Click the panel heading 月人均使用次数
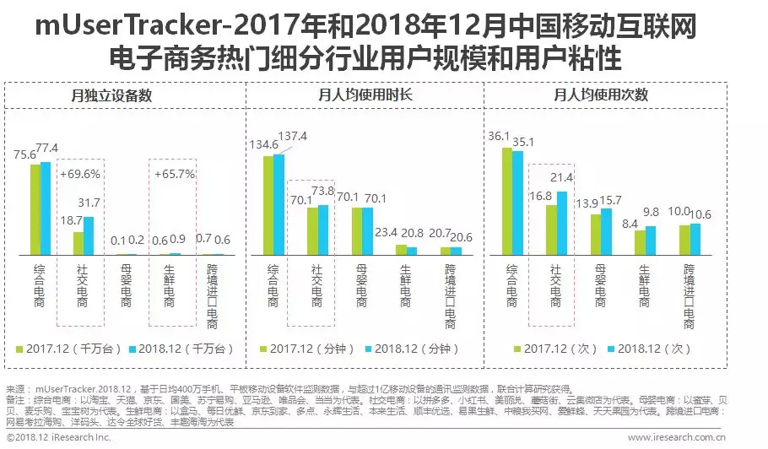[601, 95]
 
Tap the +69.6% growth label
[80, 174]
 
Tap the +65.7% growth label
[175, 174]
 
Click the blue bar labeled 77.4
[46, 208]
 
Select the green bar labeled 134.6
[268, 205]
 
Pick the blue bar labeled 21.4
[563, 223]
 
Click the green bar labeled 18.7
[78, 243]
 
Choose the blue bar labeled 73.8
[323, 230]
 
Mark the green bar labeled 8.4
[640, 242]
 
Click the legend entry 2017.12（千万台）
[73, 348]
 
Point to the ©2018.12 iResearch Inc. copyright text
[57, 438]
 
